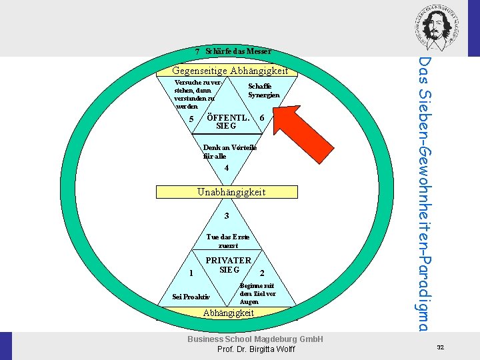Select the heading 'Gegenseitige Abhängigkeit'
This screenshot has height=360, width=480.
(230, 71)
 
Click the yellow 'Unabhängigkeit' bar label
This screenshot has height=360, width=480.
(231, 192)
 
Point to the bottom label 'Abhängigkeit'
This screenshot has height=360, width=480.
(228, 313)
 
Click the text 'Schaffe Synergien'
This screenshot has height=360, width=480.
(263, 91)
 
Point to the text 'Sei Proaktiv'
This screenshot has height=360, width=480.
(191, 297)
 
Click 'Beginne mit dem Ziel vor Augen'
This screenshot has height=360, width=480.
(257, 293)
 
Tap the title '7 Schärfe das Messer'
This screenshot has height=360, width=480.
(233, 51)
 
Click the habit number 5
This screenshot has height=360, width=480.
(191, 119)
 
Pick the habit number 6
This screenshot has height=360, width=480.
(263, 118)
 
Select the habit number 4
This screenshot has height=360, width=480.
(227, 168)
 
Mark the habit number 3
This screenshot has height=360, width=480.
(227, 216)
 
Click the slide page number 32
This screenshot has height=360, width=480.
(440, 347)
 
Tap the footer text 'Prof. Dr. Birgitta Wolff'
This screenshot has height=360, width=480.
(255, 350)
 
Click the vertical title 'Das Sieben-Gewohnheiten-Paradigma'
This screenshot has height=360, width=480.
(425, 193)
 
